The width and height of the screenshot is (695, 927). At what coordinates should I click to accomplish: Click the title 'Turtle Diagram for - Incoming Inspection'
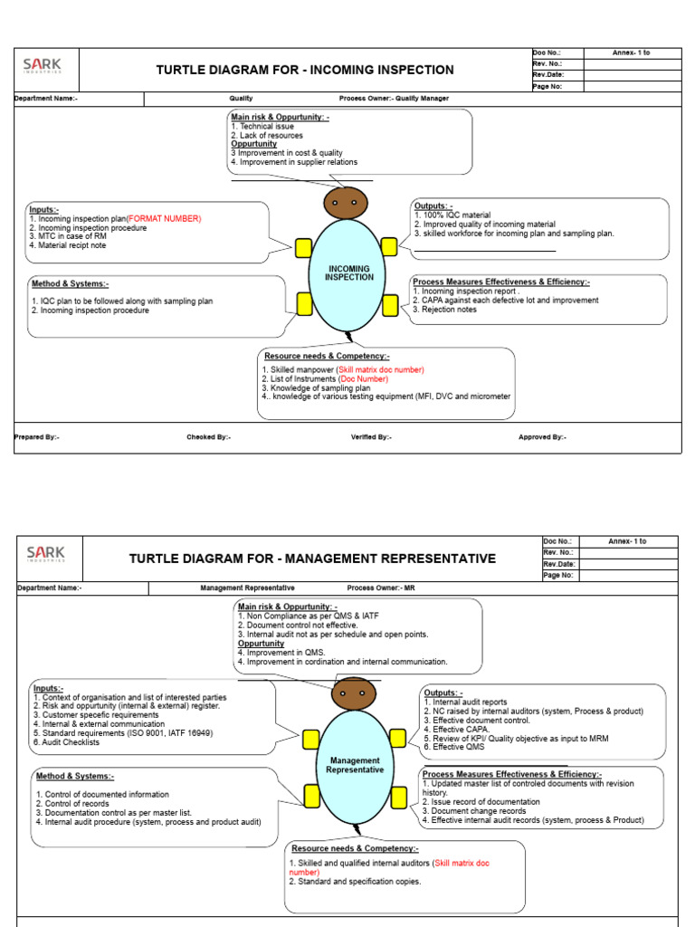(x=305, y=70)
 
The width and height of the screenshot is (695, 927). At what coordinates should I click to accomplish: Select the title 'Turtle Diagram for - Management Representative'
(x=312, y=559)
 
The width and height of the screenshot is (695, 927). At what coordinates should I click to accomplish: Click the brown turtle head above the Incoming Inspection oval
(x=345, y=204)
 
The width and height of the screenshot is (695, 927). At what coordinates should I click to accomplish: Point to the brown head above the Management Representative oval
(x=353, y=694)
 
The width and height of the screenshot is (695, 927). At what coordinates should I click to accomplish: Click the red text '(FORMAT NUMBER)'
(x=164, y=218)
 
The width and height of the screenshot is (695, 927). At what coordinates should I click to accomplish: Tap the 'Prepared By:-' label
(x=37, y=437)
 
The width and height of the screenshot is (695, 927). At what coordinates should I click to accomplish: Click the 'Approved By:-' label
(x=542, y=437)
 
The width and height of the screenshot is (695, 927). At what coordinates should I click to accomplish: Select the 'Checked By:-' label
(x=208, y=437)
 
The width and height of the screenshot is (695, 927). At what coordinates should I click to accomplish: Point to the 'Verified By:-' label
(x=371, y=437)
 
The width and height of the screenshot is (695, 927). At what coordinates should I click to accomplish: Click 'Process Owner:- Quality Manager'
(x=394, y=99)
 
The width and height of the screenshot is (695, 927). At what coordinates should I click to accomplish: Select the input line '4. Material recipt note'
(x=68, y=245)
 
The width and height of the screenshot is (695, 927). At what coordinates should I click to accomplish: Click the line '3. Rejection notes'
(x=444, y=310)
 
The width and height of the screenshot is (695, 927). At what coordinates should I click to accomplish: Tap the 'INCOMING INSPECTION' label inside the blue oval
(x=349, y=272)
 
